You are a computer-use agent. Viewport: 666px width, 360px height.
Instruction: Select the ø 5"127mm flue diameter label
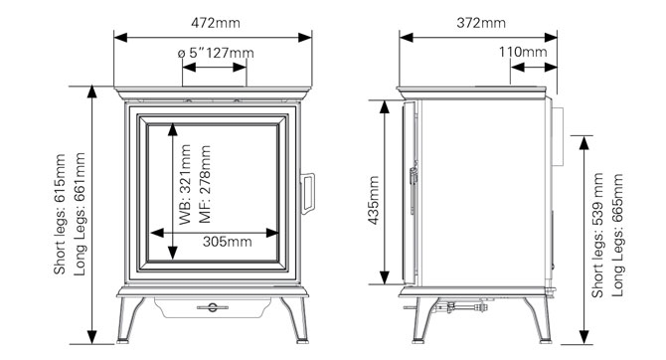click(214, 52)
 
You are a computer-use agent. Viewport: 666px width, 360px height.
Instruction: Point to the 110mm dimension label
click(523, 52)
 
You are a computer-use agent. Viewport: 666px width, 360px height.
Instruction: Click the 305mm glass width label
click(227, 240)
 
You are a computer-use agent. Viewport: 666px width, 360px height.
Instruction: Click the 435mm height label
click(374, 202)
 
